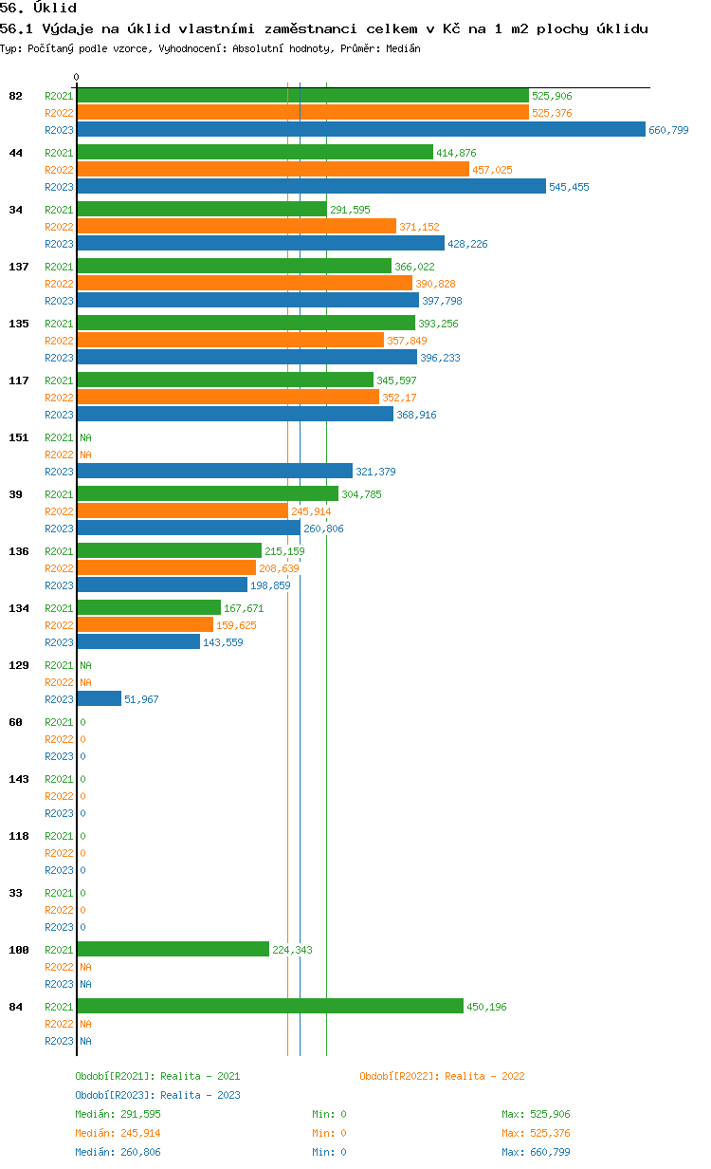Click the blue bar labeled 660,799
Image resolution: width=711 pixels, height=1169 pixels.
[x=361, y=129]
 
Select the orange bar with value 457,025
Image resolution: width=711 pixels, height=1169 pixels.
[x=273, y=169]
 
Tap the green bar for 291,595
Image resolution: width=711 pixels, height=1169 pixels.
[x=202, y=209]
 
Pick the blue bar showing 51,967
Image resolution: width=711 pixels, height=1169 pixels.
[x=100, y=698]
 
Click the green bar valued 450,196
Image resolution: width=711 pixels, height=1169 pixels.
[x=270, y=1006]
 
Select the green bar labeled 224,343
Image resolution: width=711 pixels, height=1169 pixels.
[x=173, y=949]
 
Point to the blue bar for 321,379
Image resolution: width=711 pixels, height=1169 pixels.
[x=215, y=471]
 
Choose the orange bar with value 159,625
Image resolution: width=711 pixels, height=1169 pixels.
[x=145, y=624]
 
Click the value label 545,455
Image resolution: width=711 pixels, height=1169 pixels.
[x=569, y=187]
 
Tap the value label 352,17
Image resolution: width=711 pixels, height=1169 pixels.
[x=399, y=398]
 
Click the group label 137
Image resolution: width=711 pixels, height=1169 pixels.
[x=19, y=267]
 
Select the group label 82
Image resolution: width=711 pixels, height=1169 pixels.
[x=15, y=96]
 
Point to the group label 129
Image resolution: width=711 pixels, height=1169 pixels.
[x=19, y=665]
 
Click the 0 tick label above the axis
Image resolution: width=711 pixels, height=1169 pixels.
[x=77, y=77]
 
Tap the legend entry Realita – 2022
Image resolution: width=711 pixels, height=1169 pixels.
[x=442, y=1076]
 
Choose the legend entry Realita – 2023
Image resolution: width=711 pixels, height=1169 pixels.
[x=158, y=1095]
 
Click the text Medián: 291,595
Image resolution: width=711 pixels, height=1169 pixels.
[x=118, y=1114]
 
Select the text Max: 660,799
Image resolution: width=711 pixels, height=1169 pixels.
[x=536, y=1152]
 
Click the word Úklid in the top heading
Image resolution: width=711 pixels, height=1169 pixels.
[x=55, y=8]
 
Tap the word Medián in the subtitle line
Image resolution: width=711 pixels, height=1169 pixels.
[x=403, y=48]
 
